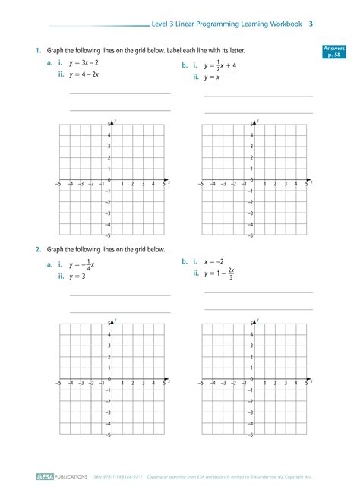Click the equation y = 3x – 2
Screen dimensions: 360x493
(84, 62)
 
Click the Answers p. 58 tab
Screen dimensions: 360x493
(333, 51)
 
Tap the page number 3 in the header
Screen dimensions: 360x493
(311, 24)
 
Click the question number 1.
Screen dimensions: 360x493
(36, 50)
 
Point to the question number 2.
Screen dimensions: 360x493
(36, 249)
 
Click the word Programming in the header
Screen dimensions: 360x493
(220, 24)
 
